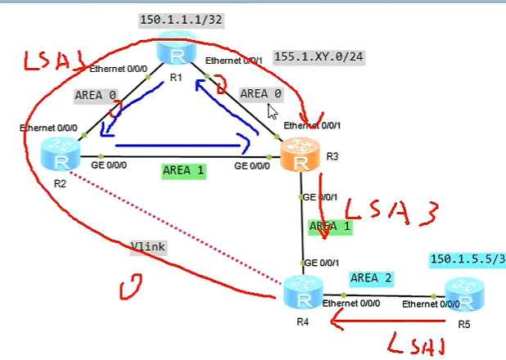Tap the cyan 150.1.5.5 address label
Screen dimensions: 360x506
(x=468, y=259)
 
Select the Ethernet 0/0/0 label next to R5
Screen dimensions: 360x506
(x=426, y=305)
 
